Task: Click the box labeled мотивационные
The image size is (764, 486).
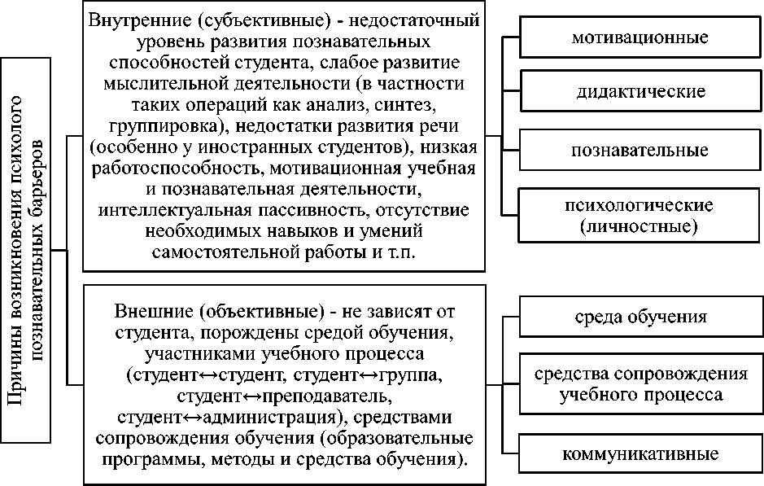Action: click(639, 37)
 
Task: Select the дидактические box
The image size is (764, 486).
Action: click(639, 92)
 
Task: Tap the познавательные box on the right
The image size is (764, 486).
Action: click(639, 151)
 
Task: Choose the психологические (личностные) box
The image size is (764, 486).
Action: click(639, 215)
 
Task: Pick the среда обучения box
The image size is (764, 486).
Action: click(639, 317)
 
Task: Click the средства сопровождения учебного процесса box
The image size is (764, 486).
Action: click(639, 384)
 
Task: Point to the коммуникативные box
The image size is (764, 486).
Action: click(639, 453)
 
